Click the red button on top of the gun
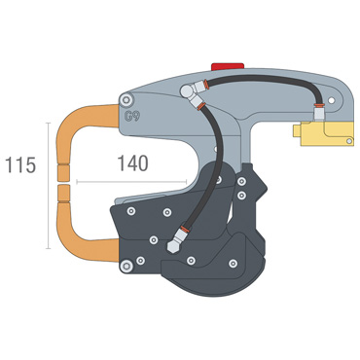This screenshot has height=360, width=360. click(x=228, y=66)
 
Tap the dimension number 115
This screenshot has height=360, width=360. click(x=20, y=165)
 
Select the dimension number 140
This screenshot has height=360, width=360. click(x=132, y=163)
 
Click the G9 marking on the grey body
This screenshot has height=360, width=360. click(x=132, y=116)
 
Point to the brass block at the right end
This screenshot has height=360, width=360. click(x=323, y=134)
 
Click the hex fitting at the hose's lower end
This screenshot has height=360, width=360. click(x=173, y=244)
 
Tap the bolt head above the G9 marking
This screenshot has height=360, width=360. click(x=126, y=100)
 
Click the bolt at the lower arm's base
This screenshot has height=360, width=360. click(x=126, y=267)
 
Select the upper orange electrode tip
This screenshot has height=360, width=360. click(x=63, y=172)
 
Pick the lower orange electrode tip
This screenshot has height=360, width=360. click(x=63, y=194)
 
